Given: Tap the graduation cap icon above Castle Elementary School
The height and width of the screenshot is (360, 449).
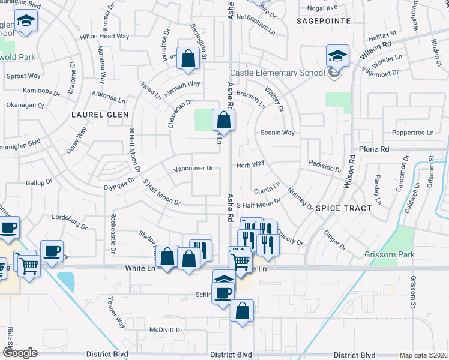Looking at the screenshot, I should [337, 56].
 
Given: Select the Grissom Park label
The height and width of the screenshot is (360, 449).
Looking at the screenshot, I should [390, 254].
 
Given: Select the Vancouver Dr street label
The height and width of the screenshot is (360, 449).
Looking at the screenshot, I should [193, 169].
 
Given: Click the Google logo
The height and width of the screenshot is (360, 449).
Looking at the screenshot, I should [20, 352].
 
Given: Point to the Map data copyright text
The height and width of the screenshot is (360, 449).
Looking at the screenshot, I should [423, 355].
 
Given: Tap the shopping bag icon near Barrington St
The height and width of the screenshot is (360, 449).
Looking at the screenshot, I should [188, 58].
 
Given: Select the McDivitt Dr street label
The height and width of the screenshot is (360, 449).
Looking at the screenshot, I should [166, 329].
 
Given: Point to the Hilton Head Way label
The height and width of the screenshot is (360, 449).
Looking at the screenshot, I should [105, 36].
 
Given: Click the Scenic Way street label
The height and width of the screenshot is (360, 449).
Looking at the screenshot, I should [277, 133].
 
